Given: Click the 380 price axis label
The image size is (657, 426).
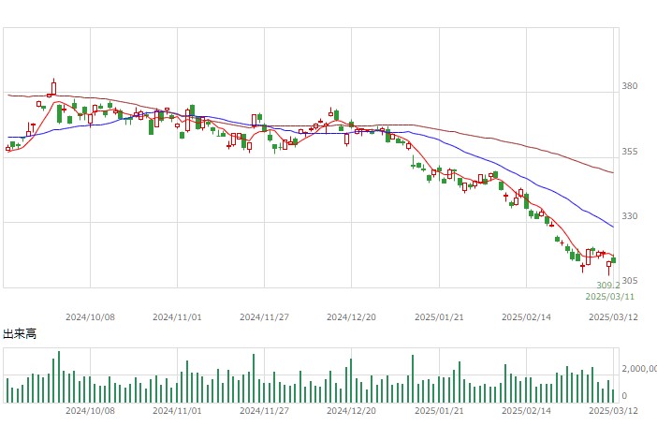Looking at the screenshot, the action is point(629,86).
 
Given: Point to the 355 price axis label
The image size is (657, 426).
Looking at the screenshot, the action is point(629,152).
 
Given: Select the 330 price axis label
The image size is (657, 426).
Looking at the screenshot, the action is point(629,216).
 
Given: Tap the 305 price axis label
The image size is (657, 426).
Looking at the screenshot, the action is point(629,281).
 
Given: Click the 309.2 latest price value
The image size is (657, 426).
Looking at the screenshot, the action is point(608,286).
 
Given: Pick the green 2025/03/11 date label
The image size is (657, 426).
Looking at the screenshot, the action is point(609,297).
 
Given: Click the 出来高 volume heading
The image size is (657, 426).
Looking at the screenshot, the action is point(20,333).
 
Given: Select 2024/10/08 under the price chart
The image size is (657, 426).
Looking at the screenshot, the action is point(90,317).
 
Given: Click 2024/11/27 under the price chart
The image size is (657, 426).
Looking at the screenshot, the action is point(265,317).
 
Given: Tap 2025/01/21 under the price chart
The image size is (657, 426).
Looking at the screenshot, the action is point(439,317).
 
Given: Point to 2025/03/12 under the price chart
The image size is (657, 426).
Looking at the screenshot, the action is point(613,317).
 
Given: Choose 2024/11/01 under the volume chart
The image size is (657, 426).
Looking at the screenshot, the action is point(177,410).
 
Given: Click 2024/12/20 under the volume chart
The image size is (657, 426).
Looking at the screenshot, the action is point(351,410).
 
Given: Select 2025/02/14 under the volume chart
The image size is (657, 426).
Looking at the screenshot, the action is point(526,410).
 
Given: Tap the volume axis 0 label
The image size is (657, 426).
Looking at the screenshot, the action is point(624,396).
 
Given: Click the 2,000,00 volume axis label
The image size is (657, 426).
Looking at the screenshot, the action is point(639,369).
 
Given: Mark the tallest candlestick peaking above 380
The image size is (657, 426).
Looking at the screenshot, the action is point(53,87).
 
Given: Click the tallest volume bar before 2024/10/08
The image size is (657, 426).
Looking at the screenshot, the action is point(59,377).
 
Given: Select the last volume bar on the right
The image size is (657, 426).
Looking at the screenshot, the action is point(613,396).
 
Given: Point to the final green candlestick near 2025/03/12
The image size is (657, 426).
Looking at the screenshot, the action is point(614,260).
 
